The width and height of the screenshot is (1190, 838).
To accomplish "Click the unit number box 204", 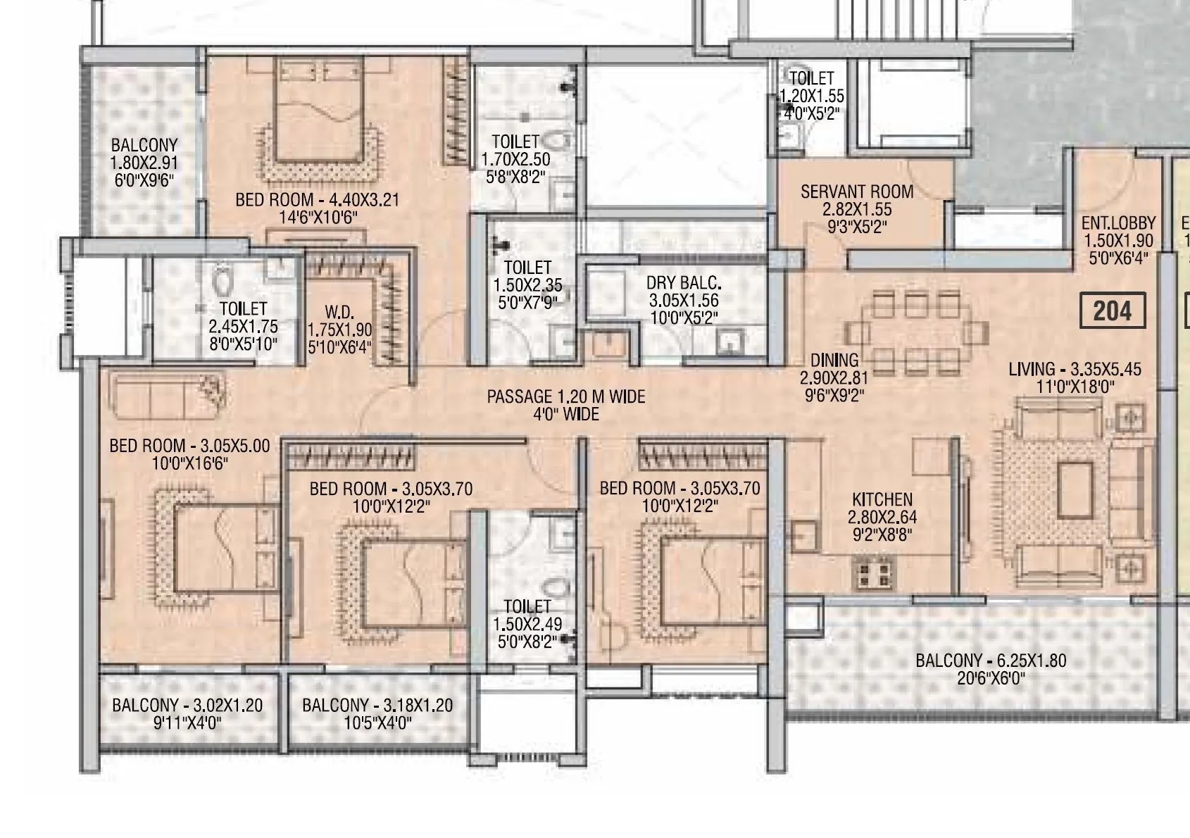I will [1112, 311].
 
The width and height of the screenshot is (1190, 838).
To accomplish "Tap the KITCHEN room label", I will [882, 500].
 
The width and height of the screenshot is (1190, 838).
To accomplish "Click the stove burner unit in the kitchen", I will [872, 572].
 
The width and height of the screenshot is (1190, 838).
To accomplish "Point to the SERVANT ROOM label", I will [856, 192].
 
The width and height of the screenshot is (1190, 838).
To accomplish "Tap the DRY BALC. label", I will [683, 283].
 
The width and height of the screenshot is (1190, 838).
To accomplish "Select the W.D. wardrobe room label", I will [339, 312].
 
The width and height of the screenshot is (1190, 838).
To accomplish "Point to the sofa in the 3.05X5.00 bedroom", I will [170, 399].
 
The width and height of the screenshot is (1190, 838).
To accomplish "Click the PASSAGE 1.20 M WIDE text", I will [565, 397].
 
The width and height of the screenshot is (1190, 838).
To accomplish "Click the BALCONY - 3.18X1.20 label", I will [377, 706].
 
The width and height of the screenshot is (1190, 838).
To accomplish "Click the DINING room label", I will [834, 361].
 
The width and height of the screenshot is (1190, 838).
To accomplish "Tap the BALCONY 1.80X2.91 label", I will [144, 146].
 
